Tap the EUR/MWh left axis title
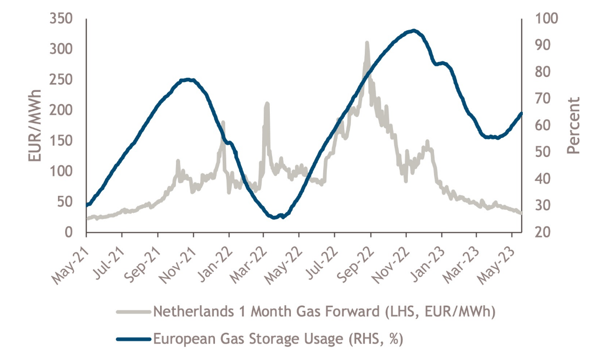click(35, 126)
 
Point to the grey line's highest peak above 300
click(367, 43)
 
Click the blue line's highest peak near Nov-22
click(414, 31)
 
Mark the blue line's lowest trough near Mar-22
click(274, 217)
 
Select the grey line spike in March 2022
click(267, 104)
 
